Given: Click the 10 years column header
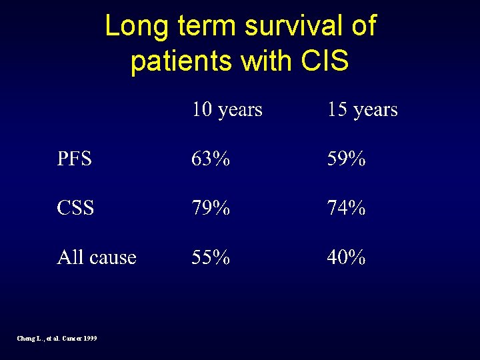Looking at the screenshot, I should (227, 109).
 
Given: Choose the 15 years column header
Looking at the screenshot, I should (362, 109).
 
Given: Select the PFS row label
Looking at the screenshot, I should (75, 159).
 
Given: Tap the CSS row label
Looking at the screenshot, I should (75, 208).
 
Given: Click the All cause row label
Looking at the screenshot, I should (97, 257).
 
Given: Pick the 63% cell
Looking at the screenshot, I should (211, 159).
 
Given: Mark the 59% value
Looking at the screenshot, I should (346, 159).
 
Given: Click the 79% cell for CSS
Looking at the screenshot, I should (211, 208).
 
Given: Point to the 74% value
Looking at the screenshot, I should (346, 208).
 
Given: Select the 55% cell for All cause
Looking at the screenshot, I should (211, 257).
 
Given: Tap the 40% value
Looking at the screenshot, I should (346, 257).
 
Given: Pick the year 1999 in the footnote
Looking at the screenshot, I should (90, 339).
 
